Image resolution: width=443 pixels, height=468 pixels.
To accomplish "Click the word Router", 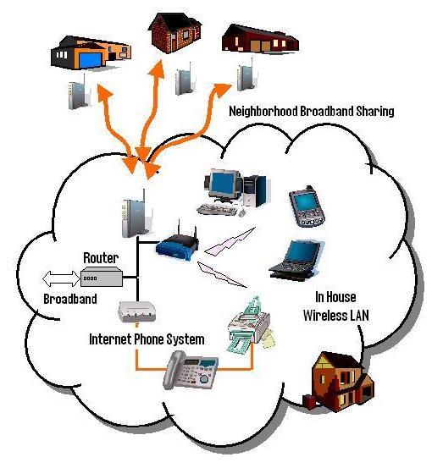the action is pyautogui.click(x=101, y=258).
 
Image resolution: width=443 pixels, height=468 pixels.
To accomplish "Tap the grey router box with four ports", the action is pyautogui.click(x=102, y=277).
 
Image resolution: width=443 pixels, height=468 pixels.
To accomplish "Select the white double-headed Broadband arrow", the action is pyautogui.click(x=61, y=278).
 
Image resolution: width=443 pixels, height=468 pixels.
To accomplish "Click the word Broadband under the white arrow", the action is pyautogui.click(x=70, y=299).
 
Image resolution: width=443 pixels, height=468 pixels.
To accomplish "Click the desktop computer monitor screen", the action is pyautogui.click(x=223, y=184).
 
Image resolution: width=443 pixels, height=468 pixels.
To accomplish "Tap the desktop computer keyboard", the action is pyautogui.click(x=217, y=210).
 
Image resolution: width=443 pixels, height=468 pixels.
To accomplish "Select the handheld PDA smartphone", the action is pyautogui.click(x=307, y=206).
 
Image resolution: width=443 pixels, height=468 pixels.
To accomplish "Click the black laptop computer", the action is pyautogui.click(x=296, y=261).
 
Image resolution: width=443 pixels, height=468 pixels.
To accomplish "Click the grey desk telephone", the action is pyautogui.click(x=191, y=370).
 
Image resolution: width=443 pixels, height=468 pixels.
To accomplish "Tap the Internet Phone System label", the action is pyautogui.click(x=147, y=339).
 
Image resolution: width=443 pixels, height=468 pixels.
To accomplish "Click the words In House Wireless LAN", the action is pyautogui.click(x=336, y=306).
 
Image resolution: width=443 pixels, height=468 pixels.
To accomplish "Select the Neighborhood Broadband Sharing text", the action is pyautogui.click(x=312, y=111).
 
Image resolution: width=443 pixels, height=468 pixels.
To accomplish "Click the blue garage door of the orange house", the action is pyautogui.click(x=91, y=60).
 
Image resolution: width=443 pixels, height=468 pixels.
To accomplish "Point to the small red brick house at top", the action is pyautogui.click(x=174, y=33).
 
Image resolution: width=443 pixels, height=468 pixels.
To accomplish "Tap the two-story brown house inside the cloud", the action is pyautogui.click(x=339, y=381).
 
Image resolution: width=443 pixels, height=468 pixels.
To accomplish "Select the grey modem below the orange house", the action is pyautogui.click(x=79, y=92).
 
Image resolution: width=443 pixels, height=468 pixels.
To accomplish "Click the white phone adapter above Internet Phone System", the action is pyautogui.click(x=137, y=312).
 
